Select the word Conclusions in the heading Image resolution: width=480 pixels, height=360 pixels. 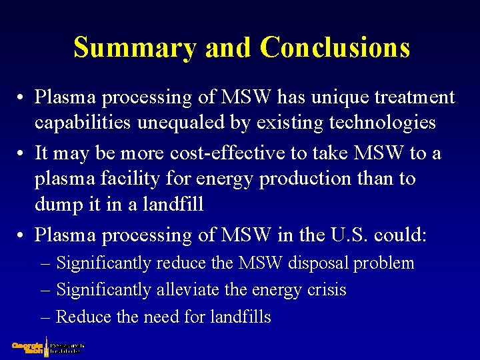point(335,48)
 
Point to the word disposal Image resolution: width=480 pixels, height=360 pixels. point(319,263)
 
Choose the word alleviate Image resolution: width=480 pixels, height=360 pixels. point(181,290)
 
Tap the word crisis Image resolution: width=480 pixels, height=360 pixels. point(325,290)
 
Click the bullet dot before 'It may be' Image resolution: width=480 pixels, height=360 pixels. point(21,154)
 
